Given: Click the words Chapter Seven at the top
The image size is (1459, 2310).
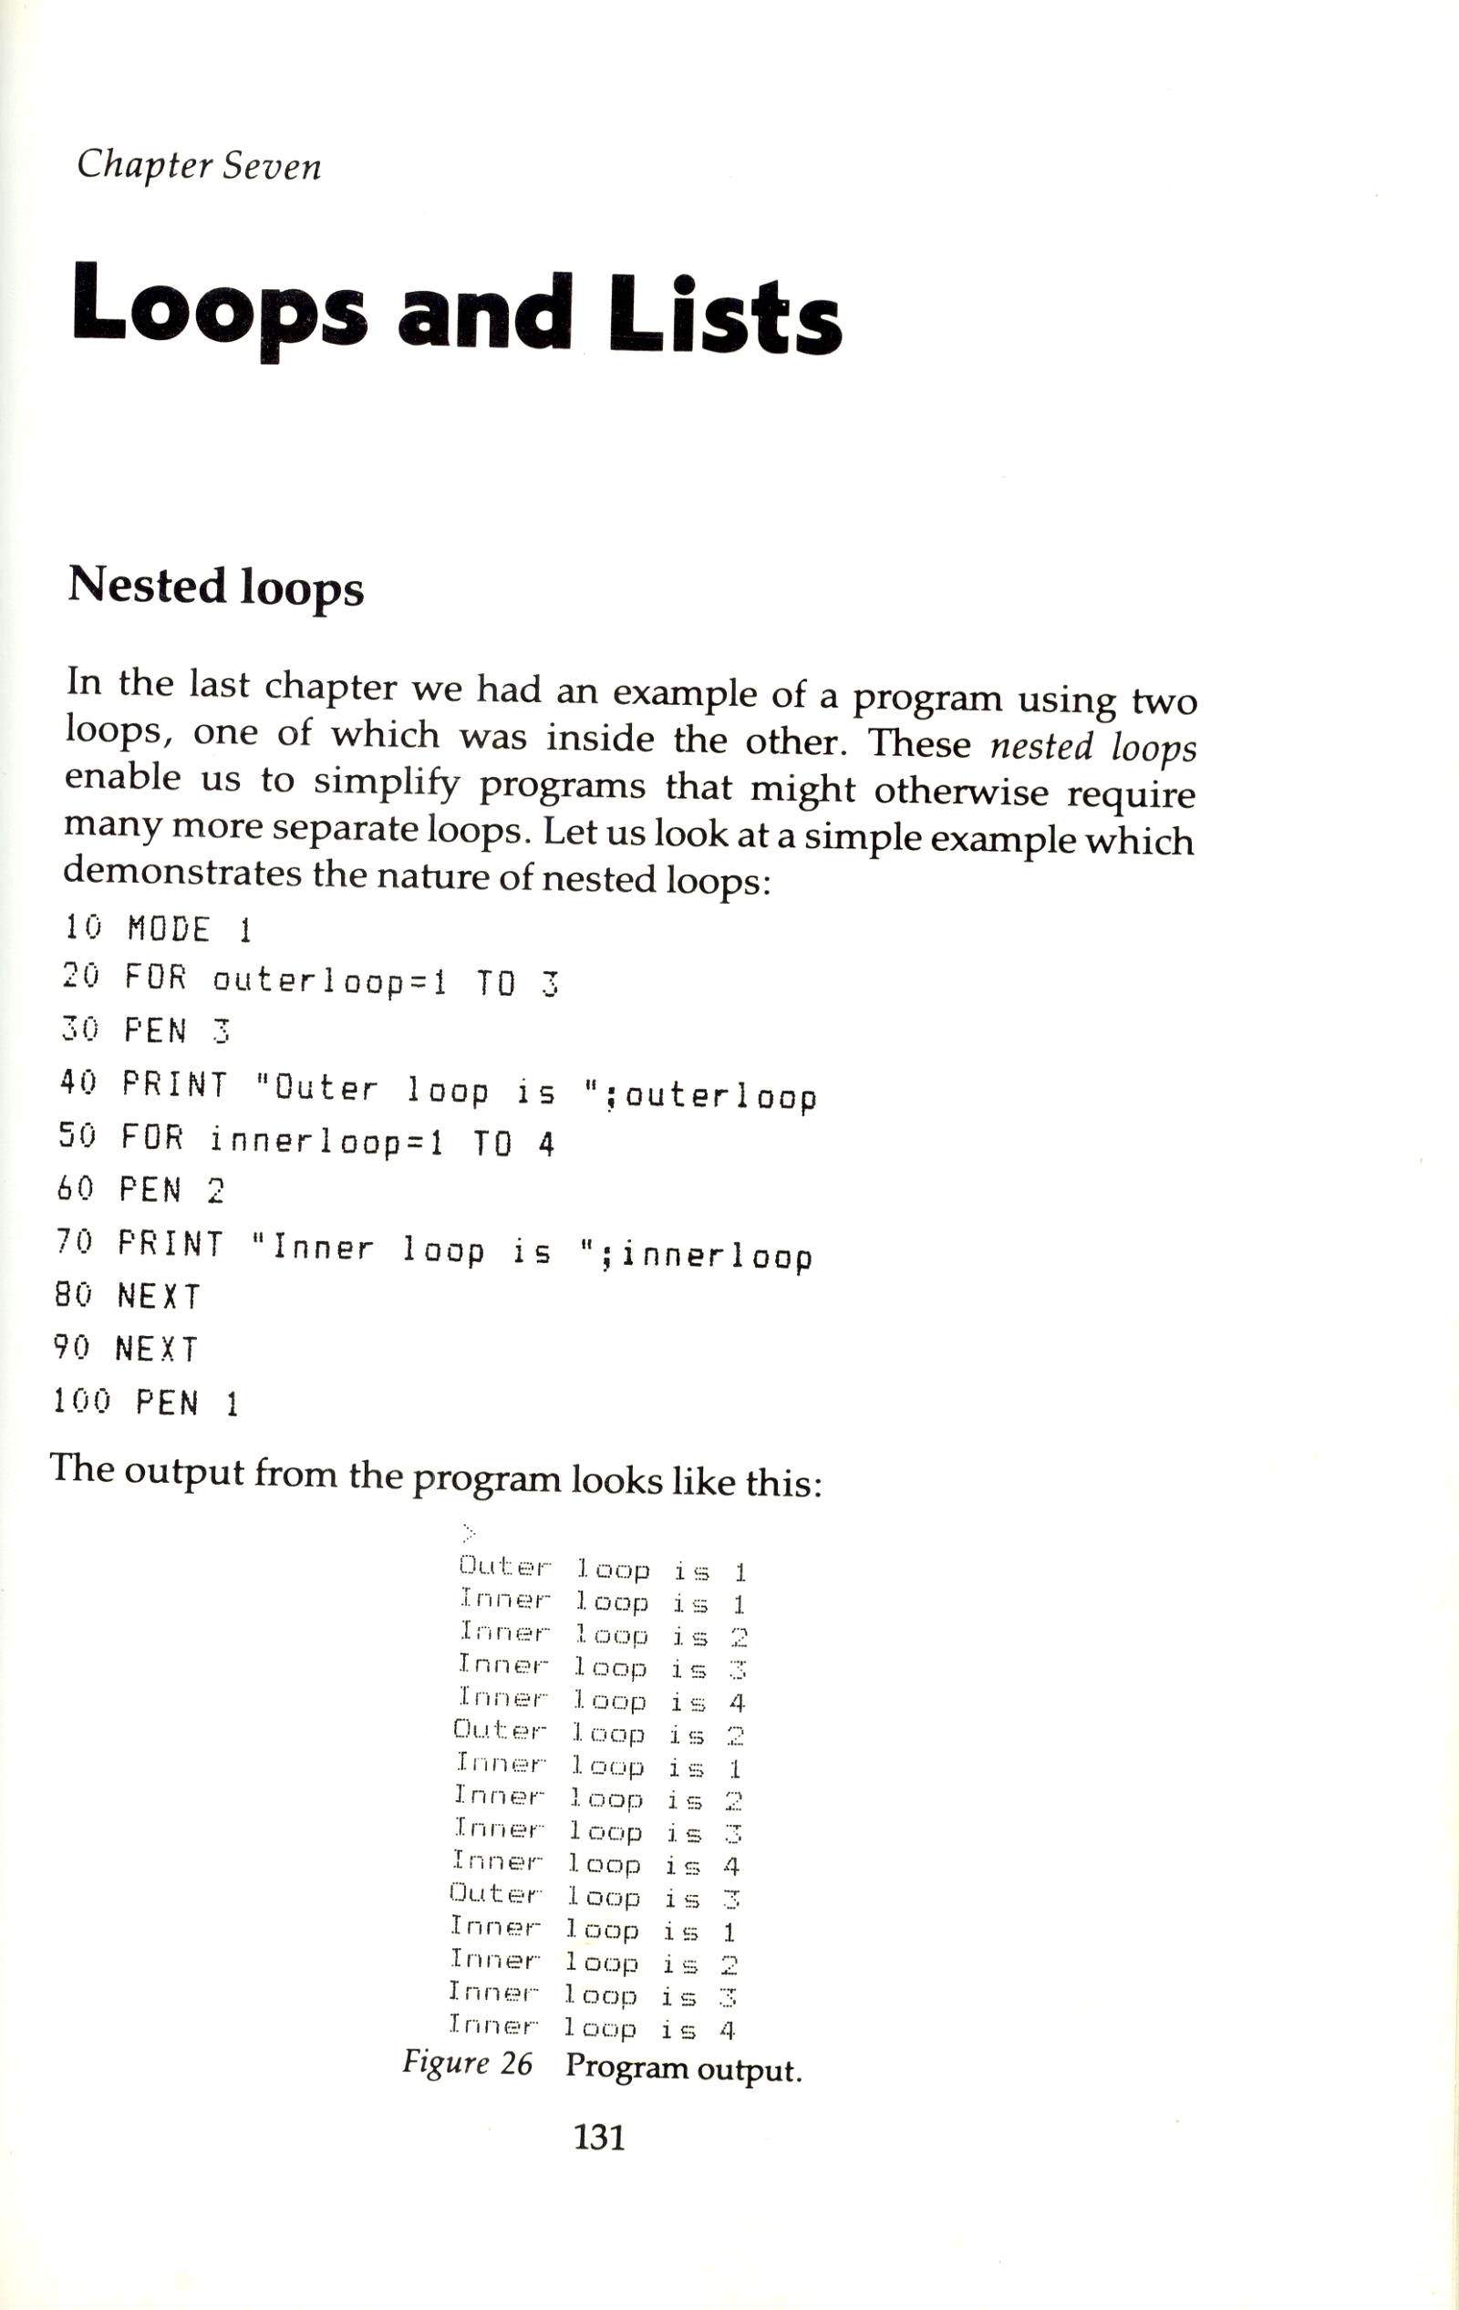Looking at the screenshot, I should tap(199, 165).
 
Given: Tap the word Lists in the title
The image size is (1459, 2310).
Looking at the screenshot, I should tap(724, 312).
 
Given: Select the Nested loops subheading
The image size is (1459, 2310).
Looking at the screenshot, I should tap(216, 585).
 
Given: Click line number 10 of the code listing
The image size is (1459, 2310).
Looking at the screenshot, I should tap(82, 927).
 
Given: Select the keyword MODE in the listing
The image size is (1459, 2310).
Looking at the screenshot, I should tap(169, 928).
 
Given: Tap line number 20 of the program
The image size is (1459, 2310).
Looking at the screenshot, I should tap(80, 978).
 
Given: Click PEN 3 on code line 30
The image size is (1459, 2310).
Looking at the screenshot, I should tap(178, 1031).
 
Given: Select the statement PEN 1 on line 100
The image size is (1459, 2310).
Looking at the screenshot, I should tap(187, 1404).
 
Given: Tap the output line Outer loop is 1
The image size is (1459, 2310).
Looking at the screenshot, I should tap(603, 1570).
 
